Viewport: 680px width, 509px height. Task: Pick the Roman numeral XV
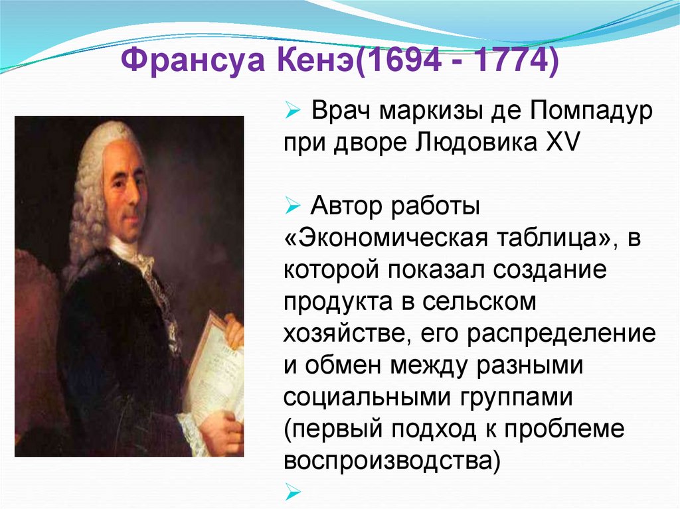[x=566, y=144]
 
